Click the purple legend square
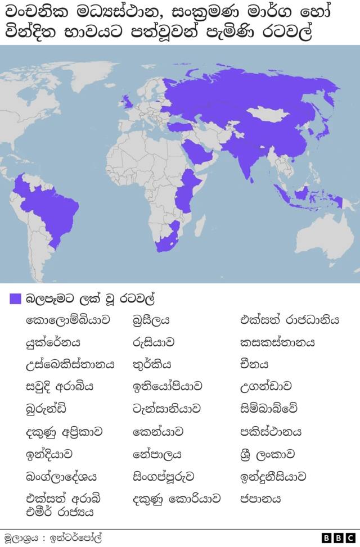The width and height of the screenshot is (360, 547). tap(15, 299)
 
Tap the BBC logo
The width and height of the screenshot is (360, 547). tap(338, 538)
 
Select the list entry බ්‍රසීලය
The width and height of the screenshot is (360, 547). tap(151, 320)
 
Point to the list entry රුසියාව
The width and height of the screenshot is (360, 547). tap(153, 342)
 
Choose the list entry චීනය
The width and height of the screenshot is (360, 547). tap(254, 365)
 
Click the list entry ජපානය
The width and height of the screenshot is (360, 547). tap(260, 499)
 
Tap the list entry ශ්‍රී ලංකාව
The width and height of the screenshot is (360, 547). tap(267, 454)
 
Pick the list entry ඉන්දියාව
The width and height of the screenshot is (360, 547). tap(49, 454)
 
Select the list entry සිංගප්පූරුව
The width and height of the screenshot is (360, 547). tap(164, 477)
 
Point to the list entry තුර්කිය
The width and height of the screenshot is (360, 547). tap(152, 365)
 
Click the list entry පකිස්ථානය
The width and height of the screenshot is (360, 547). tap(271, 432)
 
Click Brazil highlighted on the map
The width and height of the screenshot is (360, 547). tap(56, 208)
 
